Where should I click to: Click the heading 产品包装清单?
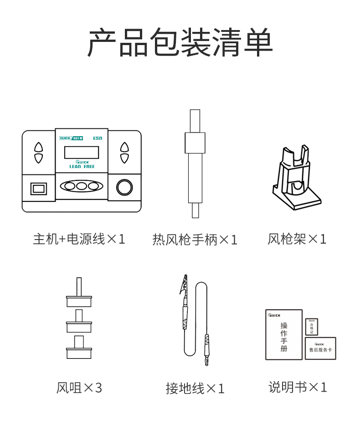[180, 42]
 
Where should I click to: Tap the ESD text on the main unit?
[98, 138]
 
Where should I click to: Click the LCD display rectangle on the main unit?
[82, 152]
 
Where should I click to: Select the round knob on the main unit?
[124, 187]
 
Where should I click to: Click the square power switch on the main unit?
[39, 188]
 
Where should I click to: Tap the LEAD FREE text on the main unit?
[82, 167]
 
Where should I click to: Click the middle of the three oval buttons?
[82, 186]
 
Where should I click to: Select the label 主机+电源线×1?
[79, 239]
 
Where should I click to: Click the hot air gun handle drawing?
[195, 164]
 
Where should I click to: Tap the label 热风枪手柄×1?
[195, 240]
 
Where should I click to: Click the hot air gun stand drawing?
[296, 180]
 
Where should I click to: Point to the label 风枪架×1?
[297, 239]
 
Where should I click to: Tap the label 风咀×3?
[79, 388]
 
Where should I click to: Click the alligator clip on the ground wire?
[184, 285]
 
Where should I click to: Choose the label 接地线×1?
[195, 388]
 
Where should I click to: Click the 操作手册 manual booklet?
[284, 335]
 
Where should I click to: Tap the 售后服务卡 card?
[320, 348]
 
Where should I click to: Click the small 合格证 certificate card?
[312, 327]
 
